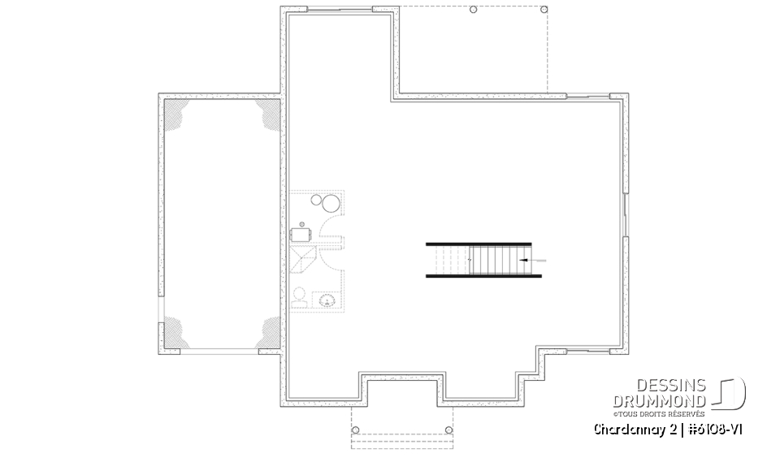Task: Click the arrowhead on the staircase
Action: (522, 260)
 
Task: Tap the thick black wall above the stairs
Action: (479, 244)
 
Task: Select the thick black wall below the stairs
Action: (483, 275)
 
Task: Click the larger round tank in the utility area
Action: (331, 204)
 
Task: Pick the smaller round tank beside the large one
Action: (316, 200)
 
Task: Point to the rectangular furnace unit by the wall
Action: (301, 234)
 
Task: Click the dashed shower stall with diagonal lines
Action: (303, 259)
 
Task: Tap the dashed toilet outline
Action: (300, 296)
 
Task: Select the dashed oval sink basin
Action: (327, 301)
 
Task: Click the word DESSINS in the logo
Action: (670, 385)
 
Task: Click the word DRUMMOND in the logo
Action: (659, 401)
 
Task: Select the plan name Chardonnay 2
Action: (635, 430)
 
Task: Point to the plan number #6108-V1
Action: (715, 430)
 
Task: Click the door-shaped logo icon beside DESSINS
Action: (729, 393)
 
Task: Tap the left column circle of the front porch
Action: (355, 430)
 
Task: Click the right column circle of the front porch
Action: (448, 430)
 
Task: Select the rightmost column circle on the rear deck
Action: (544, 10)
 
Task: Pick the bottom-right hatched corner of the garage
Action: (269, 332)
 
